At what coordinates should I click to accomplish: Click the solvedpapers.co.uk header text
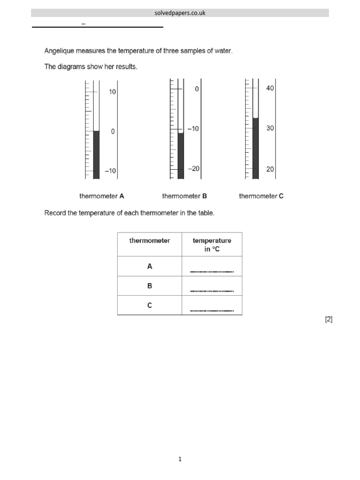coord(180,13)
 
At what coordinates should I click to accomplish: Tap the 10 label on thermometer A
coord(112,92)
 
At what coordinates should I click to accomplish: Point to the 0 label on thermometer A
coord(112,132)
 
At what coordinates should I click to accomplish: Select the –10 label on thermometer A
coord(111,171)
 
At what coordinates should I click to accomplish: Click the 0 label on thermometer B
coord(197,89)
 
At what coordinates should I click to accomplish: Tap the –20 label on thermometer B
coord(194,169)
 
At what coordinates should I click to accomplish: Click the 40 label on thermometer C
coord(270,88)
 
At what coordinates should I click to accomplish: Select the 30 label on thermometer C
coord(270,128)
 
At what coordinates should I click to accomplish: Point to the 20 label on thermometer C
coord(270,170)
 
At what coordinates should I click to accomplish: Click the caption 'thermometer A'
coord(102,196)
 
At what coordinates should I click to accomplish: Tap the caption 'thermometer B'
coord(184,196)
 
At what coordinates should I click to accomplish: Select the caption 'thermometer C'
coord(261,196)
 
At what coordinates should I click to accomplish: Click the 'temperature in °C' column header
coord(212,245)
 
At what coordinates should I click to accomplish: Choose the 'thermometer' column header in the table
coord(150,241)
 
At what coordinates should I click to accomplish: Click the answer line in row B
coord(212,291)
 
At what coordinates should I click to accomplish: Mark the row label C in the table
coord(150,305)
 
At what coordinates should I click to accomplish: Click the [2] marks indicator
coord(329,319)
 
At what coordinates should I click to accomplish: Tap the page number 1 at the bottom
coord(180,459)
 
